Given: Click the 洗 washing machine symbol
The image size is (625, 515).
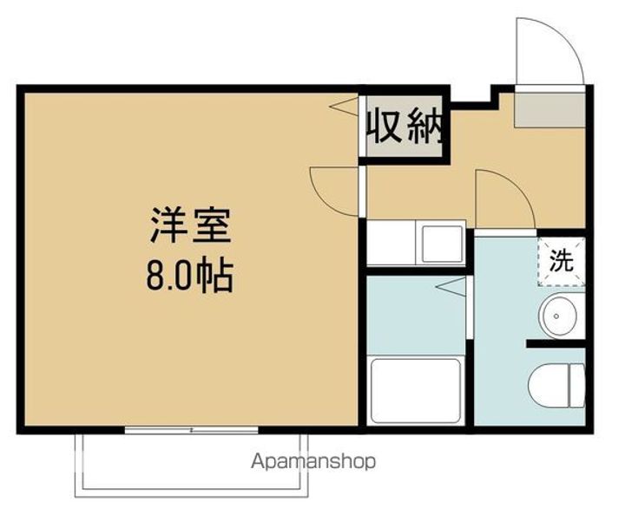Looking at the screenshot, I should tap(562, 261).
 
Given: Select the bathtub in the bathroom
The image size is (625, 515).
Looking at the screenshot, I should tap(418, 390).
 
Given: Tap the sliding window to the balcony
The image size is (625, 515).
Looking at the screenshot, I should tap(191, 429).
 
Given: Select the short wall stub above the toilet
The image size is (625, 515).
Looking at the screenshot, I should tap(553, 345).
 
